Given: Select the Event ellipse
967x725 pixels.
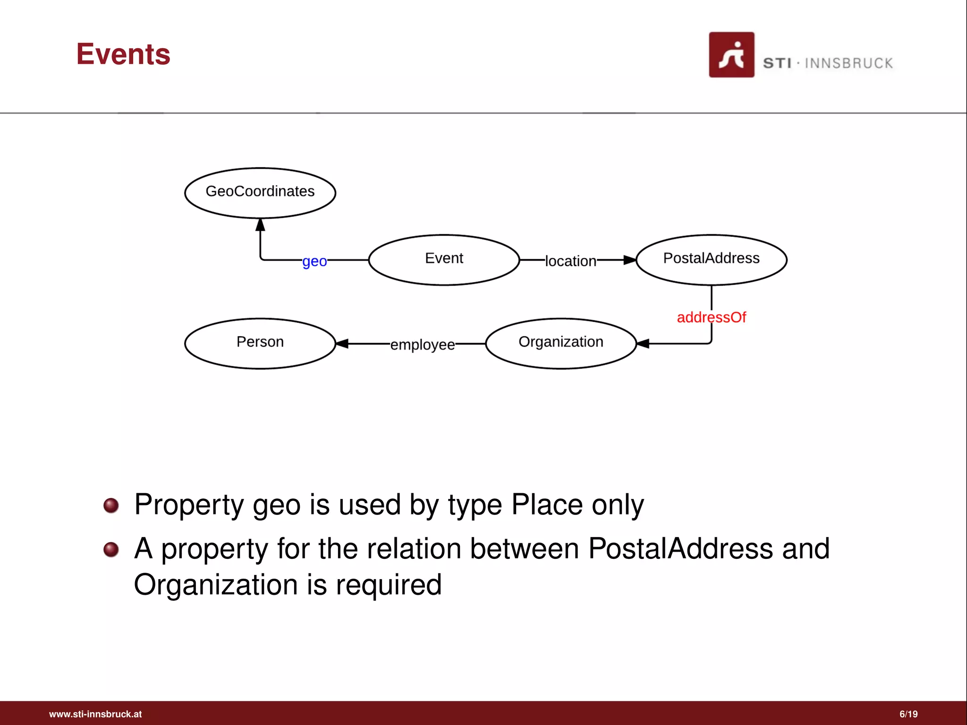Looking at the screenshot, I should click(444, 260).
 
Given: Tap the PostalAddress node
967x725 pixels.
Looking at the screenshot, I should click(711, 260).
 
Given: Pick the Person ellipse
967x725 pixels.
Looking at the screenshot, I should click(260, 343).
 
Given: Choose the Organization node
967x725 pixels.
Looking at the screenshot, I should click(560, 343).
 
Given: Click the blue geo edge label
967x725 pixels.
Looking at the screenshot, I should click(314, 261).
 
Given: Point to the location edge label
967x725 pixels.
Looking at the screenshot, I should click(570, 261).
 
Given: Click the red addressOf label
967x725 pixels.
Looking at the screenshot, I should click(711, 317).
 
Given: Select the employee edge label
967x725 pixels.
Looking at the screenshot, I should click(423, 345).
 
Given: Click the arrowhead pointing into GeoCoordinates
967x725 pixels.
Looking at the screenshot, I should click(260, 225).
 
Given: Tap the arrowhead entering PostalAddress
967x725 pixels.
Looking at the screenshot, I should click(630, 260).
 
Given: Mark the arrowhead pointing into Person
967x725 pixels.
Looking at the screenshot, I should click(342, 344).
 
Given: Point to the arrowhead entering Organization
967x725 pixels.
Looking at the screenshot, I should click(643, 344).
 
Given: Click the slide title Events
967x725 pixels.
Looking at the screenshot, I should click(123, 54).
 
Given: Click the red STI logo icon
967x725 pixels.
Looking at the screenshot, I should click(731, 55).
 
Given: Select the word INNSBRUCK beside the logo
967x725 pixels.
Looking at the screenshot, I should click(848, 63).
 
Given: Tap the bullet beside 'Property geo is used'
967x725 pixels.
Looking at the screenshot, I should click(111, 506).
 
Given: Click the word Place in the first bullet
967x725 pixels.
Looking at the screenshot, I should click(547, 505).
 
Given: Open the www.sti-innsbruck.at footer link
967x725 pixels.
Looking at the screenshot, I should click(95, 714).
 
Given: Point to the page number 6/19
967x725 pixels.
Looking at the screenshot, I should click(908, 714).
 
